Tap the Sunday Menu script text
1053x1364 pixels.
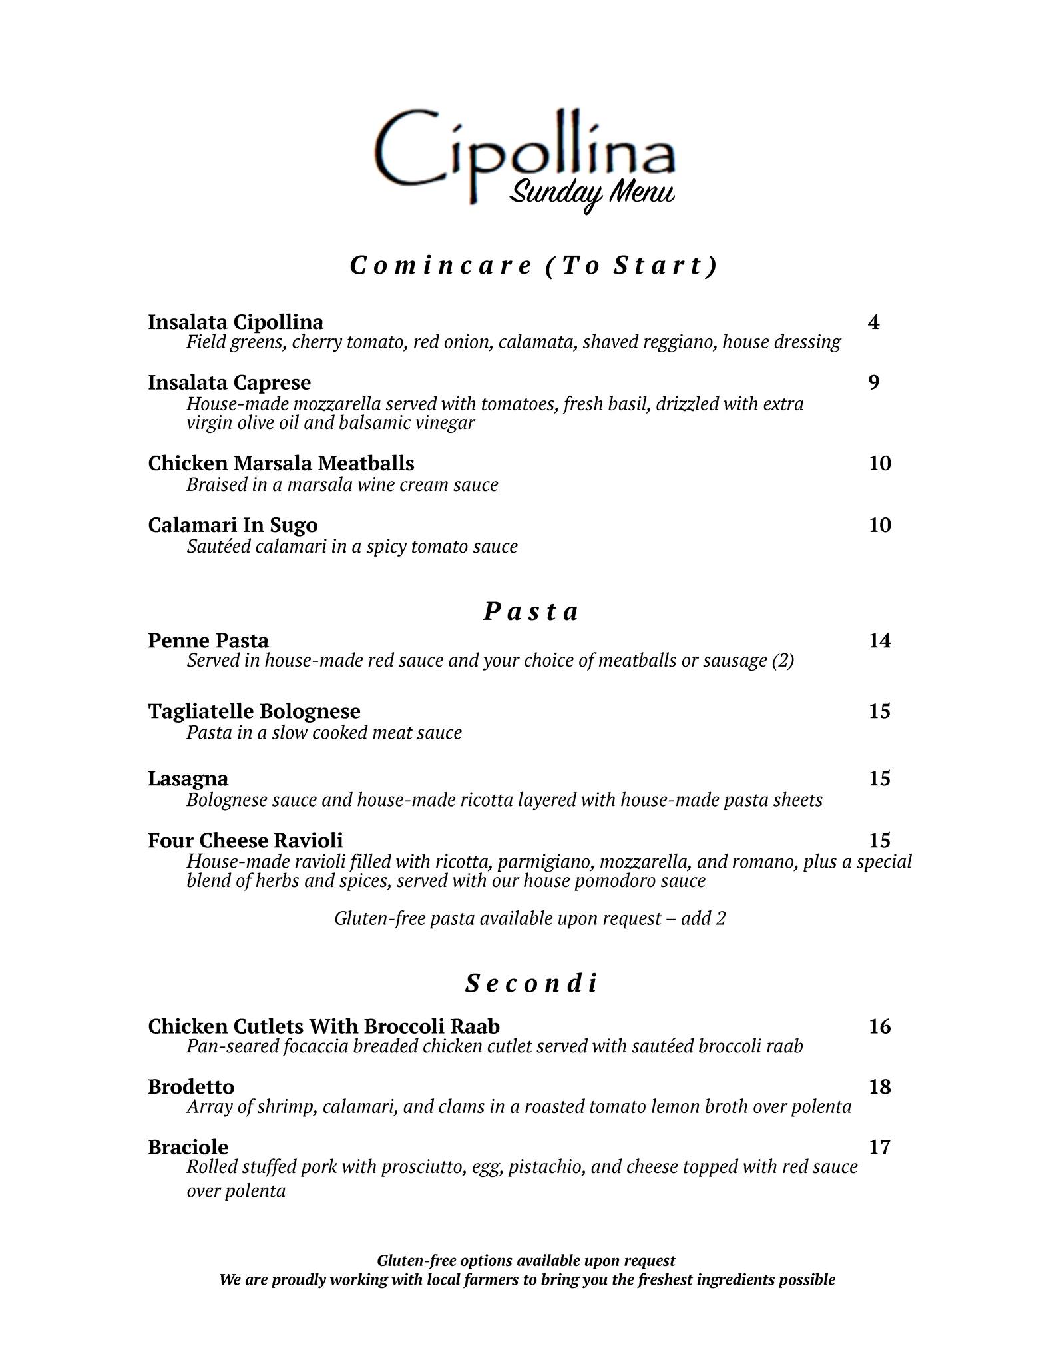pos(592,194)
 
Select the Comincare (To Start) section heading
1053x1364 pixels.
pos(533,266)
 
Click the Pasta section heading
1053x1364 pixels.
pos(530,611)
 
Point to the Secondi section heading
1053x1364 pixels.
pos(531,983)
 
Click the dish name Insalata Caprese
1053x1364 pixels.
pos(229,382)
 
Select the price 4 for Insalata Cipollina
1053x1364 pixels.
pos(873,322)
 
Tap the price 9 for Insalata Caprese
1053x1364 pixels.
pos(873,382)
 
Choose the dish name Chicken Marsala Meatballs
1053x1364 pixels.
pos(281,463)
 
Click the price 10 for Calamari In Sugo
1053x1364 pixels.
pos(879,525)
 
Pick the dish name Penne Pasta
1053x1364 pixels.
pos(208,640)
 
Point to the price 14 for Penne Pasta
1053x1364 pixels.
pos(879,640)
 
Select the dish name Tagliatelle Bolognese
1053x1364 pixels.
pos(254,711)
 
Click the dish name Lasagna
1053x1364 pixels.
pos(188,778)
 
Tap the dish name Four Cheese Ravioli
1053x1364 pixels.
pos(245,840)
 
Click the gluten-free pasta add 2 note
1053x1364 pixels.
pos(530,918)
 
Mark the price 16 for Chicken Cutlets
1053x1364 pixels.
pos(879,1026)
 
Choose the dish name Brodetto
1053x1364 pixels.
pos(191,1086)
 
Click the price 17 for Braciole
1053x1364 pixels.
pos(879,1146)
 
